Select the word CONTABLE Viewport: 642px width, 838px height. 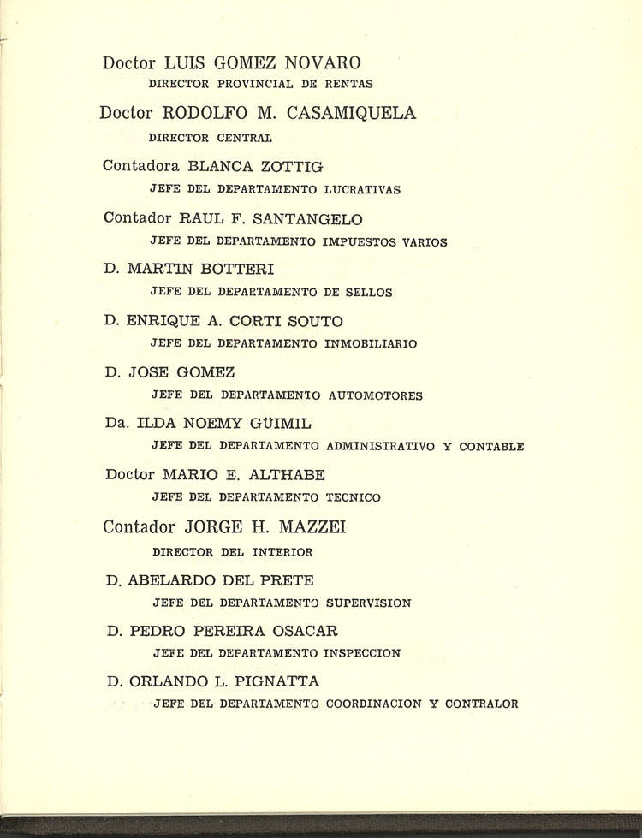click(x=491, y=446)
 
